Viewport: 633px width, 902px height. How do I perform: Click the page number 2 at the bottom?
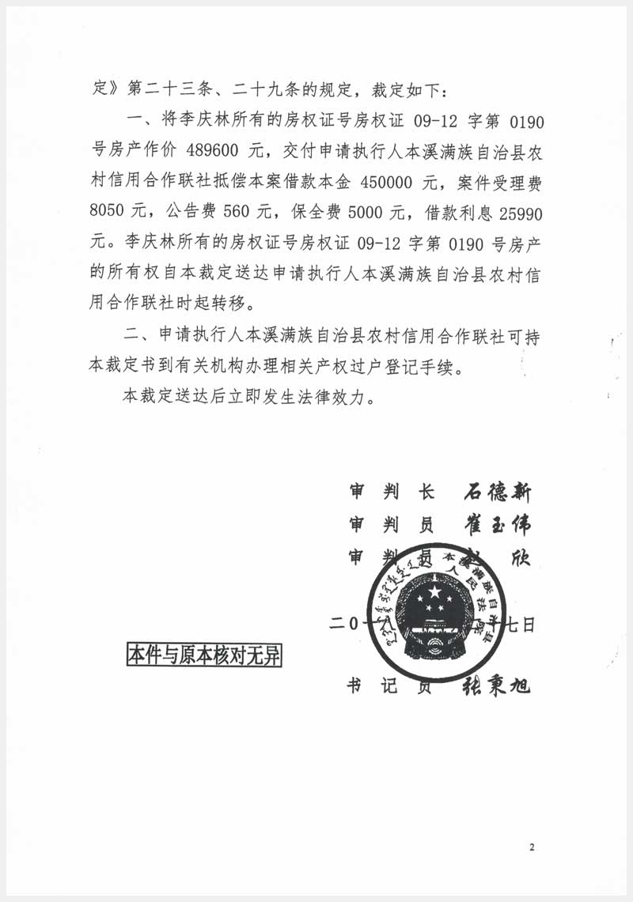532,848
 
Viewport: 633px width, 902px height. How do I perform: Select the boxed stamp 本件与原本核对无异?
204,655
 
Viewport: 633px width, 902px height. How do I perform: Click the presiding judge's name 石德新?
496,492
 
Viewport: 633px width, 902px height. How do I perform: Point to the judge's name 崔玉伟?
496,525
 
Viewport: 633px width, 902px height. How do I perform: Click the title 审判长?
392,492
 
